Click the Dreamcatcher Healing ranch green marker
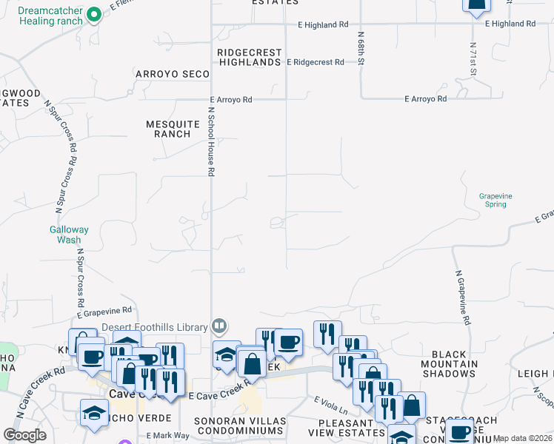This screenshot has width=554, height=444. click(93, 15)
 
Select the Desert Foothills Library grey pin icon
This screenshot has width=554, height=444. click(219, 325)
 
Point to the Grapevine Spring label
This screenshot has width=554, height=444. click(495, 200)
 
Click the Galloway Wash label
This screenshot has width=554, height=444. click(69, 235)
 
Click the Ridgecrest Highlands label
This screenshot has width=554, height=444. click(250, 58)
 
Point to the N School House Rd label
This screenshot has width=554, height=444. click(211, 141)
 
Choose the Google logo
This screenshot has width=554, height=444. click(24, 435)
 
